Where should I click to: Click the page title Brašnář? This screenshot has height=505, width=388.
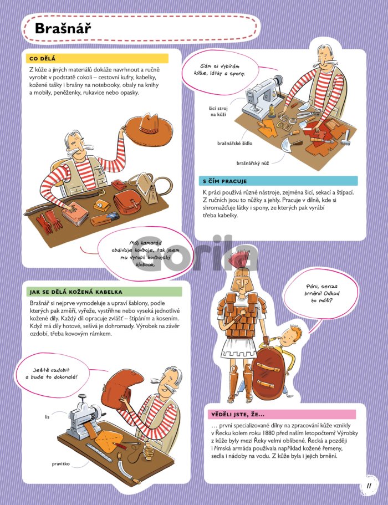(63, 28)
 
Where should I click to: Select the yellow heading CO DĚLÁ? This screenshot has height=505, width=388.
(42, 59)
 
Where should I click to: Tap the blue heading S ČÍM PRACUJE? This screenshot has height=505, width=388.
(224, 181)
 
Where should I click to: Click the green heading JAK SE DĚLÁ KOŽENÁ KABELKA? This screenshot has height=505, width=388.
(76, 292)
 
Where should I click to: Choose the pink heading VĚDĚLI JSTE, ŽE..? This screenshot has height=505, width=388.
(238, 415)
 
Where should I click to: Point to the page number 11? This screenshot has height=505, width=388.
(369, 486)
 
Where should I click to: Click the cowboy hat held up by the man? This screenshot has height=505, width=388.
(149, 129)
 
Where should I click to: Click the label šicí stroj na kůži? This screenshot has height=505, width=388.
(218, 111)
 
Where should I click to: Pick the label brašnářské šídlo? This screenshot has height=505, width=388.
(234, 144)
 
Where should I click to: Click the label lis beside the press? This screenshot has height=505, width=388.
(47, 417)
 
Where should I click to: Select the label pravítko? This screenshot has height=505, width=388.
(60, 464)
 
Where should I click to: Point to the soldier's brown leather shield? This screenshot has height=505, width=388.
(268, 373)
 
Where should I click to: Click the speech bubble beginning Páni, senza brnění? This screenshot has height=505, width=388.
(321, 294)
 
